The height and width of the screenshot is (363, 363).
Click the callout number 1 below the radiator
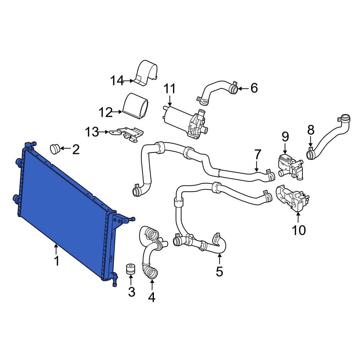56,261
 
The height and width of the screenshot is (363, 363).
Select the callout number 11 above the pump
170,89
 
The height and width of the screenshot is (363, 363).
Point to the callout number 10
299,230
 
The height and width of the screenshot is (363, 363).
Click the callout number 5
219,271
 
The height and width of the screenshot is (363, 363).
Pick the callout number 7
257,155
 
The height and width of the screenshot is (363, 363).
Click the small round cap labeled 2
55,148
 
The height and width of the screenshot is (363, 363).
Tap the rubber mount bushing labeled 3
131,270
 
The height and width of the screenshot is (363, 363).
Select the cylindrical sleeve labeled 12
136,105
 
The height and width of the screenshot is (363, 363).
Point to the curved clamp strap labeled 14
147,73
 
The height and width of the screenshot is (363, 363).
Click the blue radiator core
65,203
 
